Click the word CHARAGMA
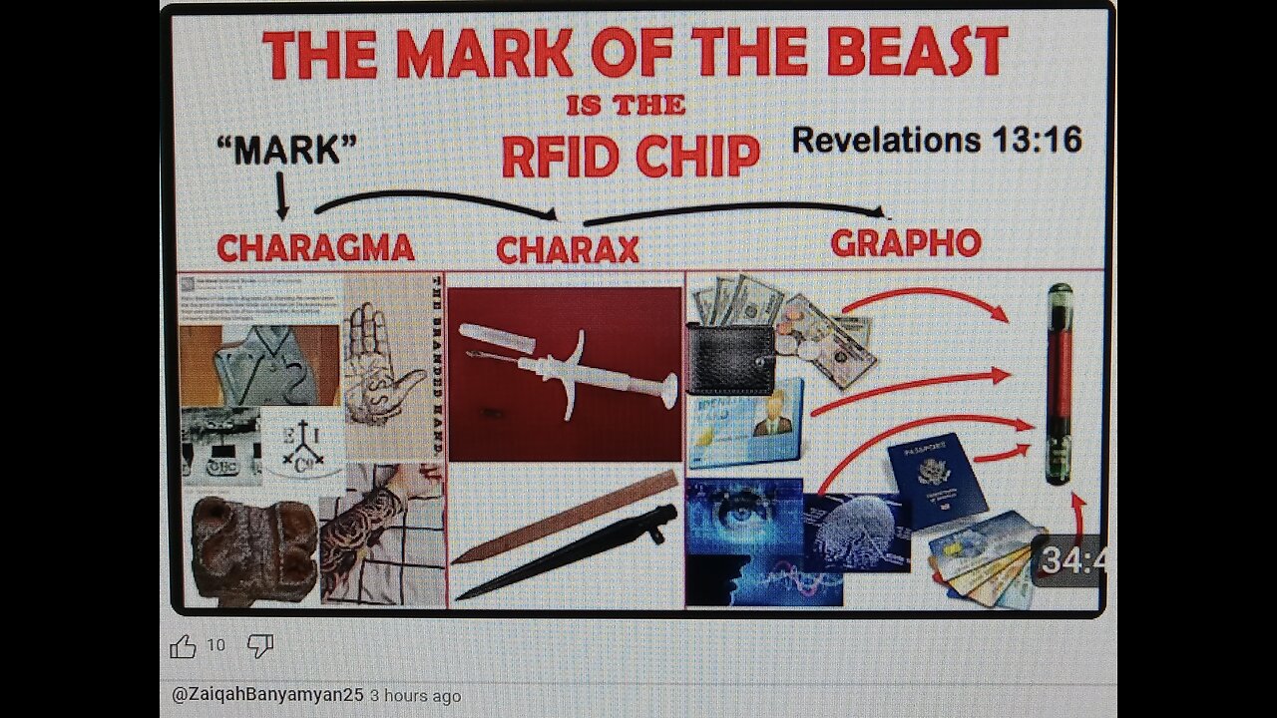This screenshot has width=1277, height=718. pyautogui.click(x=315, y=245)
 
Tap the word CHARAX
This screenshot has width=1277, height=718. pyautogui.click(x=568, y=249)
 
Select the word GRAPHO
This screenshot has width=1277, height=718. pyautogui.click(x=905, y=242)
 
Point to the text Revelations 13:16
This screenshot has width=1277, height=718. pyautogui.click(x=937, y=140)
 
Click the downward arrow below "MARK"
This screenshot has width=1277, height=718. pyautogui.click(x=282, y=196)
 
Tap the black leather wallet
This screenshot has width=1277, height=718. pyautogui.click(x=730, y=357)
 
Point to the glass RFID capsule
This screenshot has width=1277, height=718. pyautogui.click(x=1060, y=384)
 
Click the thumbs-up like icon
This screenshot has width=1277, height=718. pyautogui.click(x=183, y=646)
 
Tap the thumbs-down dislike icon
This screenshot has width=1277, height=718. pyautogui.click(x=260, y=646)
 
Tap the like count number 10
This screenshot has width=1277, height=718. pyautogui.click(x=216, y=646)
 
